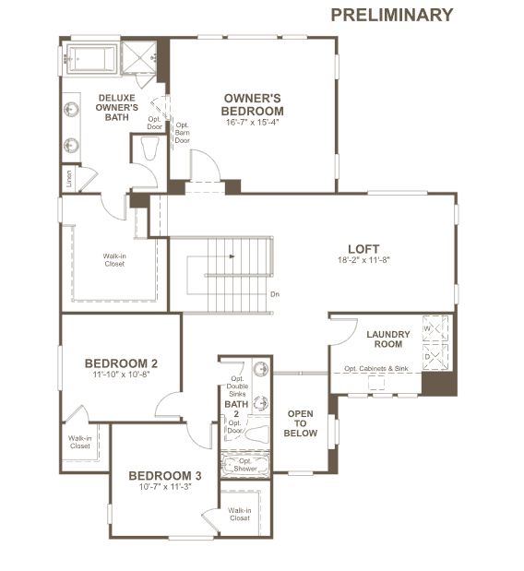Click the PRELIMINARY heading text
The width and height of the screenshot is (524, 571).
[x=392, y=15]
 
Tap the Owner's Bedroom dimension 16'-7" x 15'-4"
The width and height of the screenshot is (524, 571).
[x=252, y=123]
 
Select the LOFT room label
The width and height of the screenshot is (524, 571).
[x=363, y=249]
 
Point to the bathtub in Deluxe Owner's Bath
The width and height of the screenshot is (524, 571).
[x=91, y=59]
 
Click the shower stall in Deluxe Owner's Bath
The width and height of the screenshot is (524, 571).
[x=138, y=57]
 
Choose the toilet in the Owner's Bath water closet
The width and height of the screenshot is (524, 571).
[x=149, y=149]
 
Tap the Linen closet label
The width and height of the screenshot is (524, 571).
[x=69, y=179]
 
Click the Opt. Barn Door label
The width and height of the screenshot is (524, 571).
[x=182, y=133]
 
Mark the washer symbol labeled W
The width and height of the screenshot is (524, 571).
[x=435, y=328]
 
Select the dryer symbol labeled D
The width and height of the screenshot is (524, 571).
[x=435, y=357]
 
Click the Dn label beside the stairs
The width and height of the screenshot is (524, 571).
[x=275, y=294]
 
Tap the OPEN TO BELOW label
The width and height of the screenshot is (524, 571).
[x=301, y=423]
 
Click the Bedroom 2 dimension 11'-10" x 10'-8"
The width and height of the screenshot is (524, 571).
[x=121, y=375]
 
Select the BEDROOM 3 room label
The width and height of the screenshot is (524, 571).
[x=165, y=476]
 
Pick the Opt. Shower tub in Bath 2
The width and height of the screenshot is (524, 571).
[x=245, y=465]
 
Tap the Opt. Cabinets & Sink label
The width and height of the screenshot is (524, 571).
[x=376, y=369]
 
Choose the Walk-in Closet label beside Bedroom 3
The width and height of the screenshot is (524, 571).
[x=240, y=514]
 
